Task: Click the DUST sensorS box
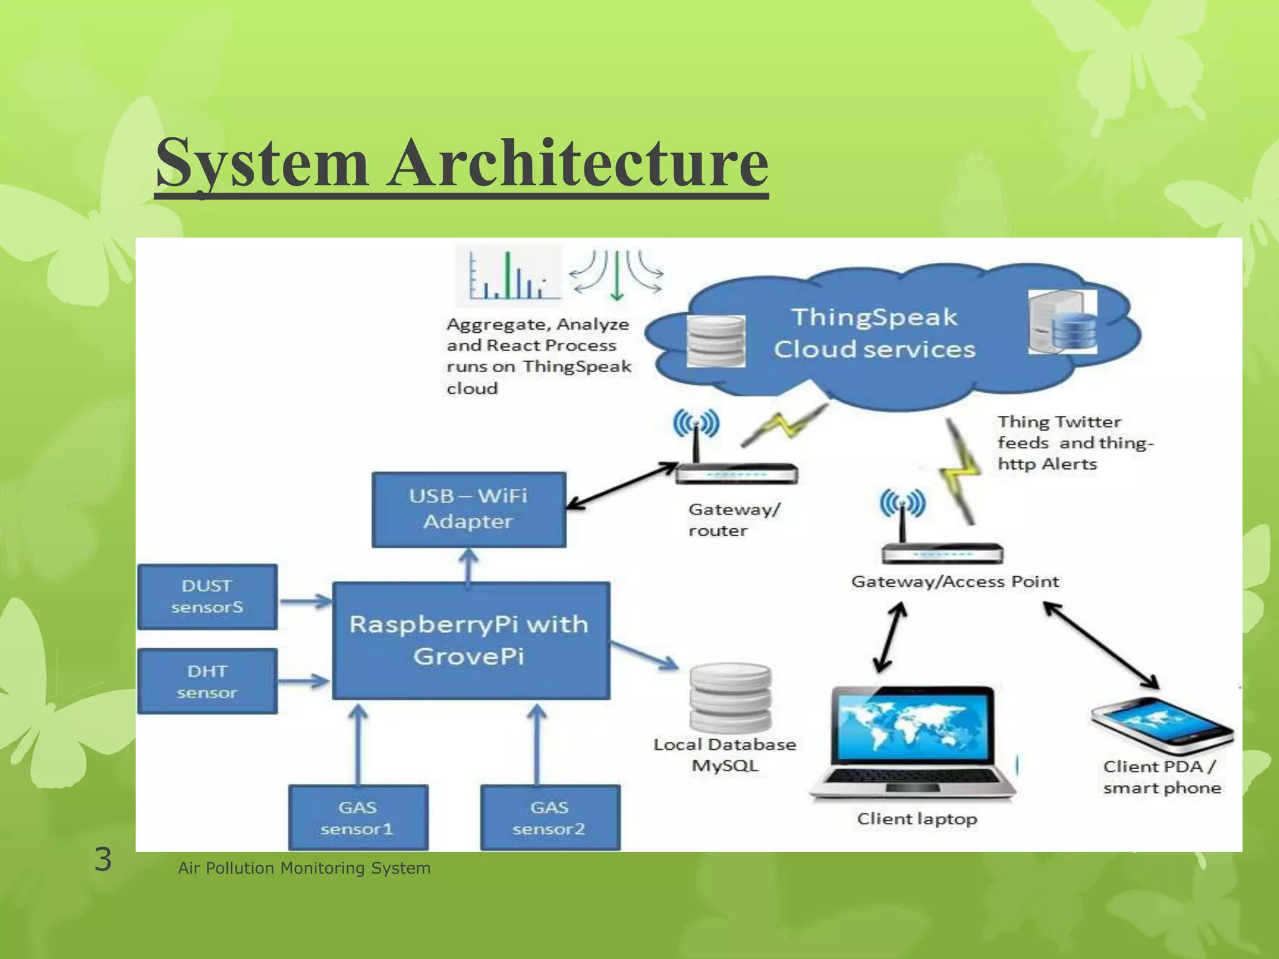tap(207, 596)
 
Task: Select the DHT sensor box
tap(207, 681)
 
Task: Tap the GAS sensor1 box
tap(358, 817)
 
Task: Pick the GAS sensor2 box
tap(550, 817)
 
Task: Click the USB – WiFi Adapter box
tap(468, 509)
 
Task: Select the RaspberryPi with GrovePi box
tap(470, 641)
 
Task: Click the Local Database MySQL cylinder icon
tap(729, 698)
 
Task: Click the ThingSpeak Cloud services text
tap(874, 333)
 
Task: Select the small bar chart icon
tap(508, 275)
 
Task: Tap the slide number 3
tap(103, 859)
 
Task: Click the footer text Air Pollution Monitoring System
tap(304, 868)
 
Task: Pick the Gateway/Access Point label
tap(955, 581)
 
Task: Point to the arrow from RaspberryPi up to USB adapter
tap(469, 566)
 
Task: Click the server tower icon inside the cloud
tap(1062, 322)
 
